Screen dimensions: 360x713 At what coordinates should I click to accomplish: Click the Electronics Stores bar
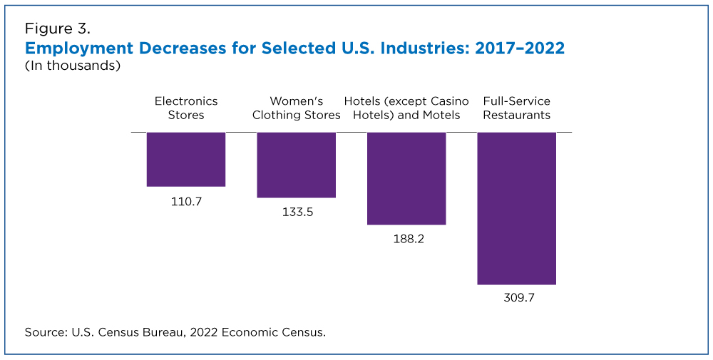point(186,159)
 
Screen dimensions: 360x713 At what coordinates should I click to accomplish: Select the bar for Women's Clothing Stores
point(296,165)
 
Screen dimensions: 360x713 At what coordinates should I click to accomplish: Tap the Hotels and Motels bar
point(406,178)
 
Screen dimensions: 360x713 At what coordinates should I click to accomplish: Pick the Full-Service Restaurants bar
point(516,208)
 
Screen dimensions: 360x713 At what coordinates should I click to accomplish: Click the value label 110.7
point(186,202)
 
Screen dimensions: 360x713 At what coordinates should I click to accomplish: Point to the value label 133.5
point(296,212)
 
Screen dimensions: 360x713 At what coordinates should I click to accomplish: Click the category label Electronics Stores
point(186,108)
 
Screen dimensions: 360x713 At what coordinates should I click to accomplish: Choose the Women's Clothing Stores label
point(296,108)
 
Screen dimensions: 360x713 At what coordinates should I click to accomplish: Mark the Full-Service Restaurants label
point(516,108)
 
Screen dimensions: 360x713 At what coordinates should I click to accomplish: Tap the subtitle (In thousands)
point(72,66)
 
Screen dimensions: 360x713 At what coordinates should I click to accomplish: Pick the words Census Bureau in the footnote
point(126,332)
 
